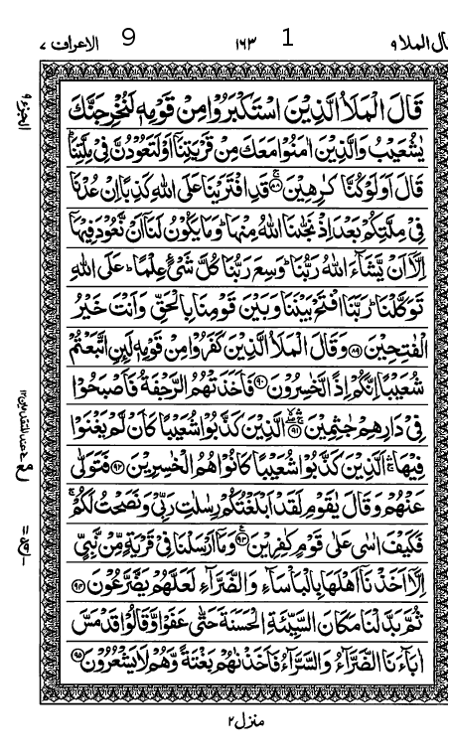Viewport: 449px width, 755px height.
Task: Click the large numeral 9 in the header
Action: [127, 40]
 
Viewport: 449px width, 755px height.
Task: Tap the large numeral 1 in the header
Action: [288, 40]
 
